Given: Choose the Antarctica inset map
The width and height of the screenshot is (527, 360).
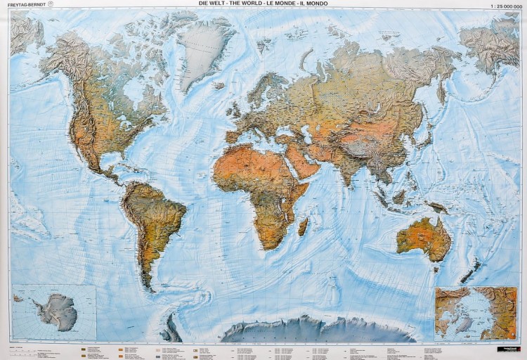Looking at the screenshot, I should click(54, 311).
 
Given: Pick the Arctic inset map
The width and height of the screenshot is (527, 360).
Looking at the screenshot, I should click(476, 311).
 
